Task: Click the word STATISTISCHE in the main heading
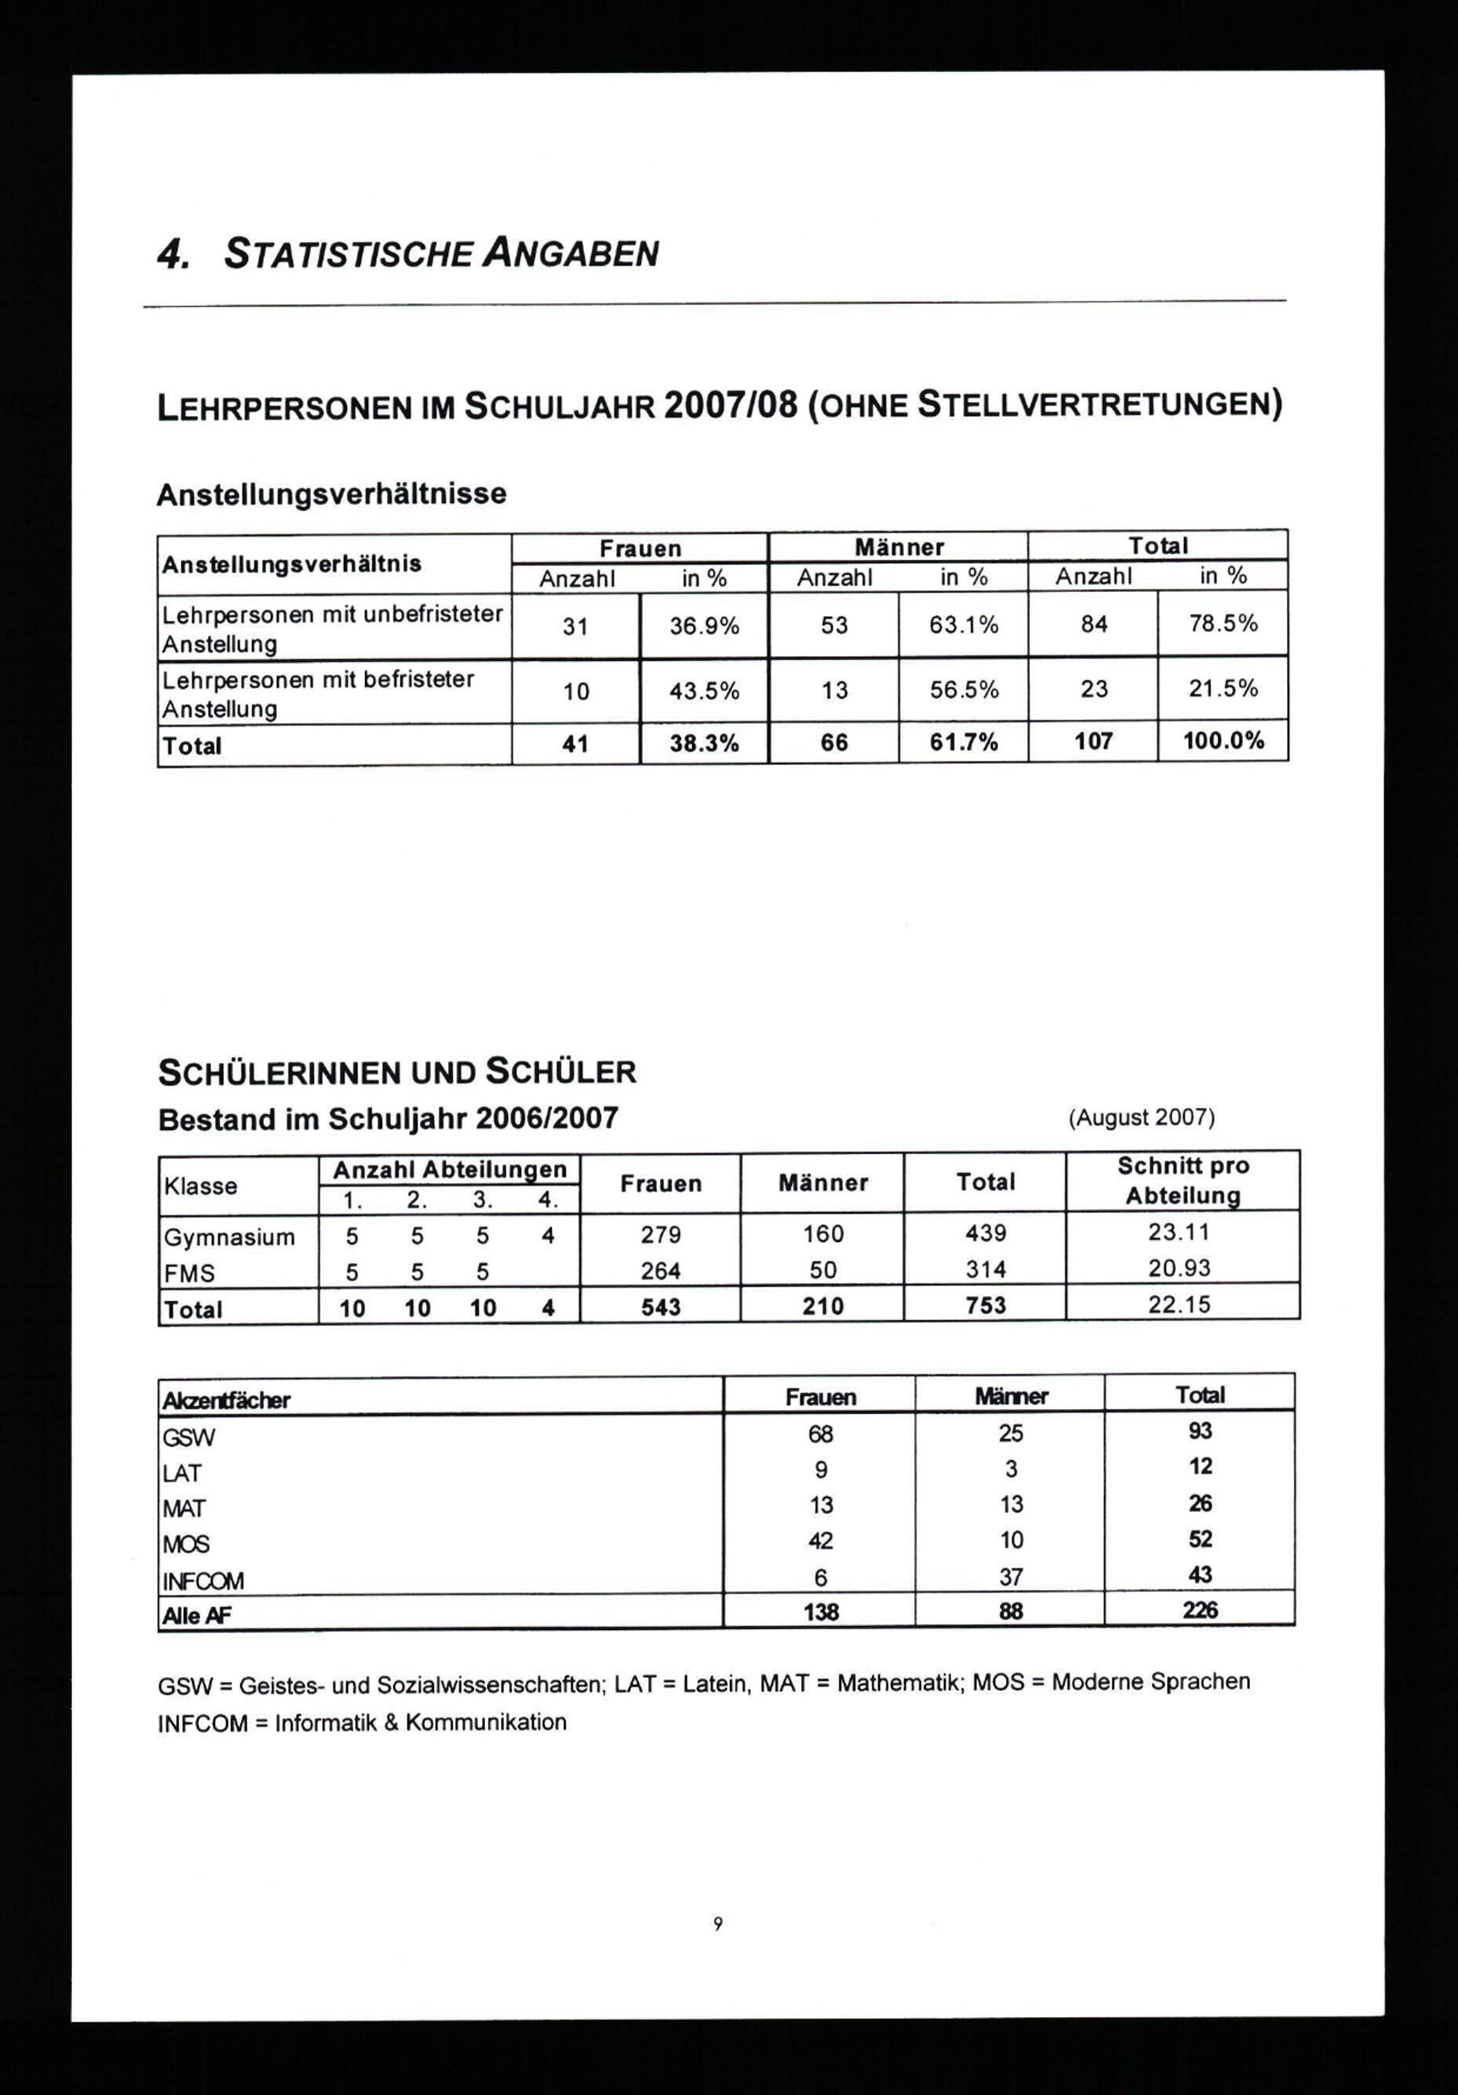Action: point(349,254)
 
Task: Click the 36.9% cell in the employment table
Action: point(704,626)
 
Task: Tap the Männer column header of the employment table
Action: point(899,547)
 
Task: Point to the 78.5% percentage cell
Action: point(1223,623)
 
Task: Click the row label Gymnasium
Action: point(229,1237)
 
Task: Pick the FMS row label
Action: point(189,1273)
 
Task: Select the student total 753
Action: point(986,1306)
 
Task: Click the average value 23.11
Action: point(1179,1233)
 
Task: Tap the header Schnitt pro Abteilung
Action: point(1182,1181)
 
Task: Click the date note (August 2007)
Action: point(1142,1117)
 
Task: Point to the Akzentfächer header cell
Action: point(226,1400)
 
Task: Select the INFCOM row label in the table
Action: point(203,1580)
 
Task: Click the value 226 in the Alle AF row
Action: point(1200,1610)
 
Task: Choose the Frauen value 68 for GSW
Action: point(820,1435)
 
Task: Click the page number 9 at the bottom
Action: point(718,1924)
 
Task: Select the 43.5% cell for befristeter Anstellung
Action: point(704,692)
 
